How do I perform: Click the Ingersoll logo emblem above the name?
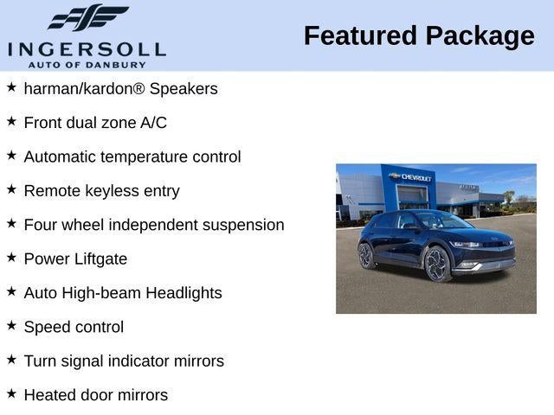pyautogui.click(x=87, y=17)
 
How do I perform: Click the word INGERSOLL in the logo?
pyautogui.click(x=87, y=47)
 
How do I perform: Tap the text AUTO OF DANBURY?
pyautogui.click(x=87, y=63)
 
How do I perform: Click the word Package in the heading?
pyautogui.click(x=480, y=36)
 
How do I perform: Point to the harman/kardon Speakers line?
pyautogui.click(x=120, y=89)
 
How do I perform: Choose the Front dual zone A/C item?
pyautogui.click(x=95, y=123)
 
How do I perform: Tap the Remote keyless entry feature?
pyautogui.click(x=101, y=191)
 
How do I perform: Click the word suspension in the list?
pyautogui.click(x=242, y=225)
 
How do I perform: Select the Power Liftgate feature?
pyautogui.click(x=75, y=259)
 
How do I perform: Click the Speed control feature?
pyautogui.click(x=74, y=327)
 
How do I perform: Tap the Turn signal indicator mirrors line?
pyautogui.click(x=124, y=361)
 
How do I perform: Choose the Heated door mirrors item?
pyautogui.click(x=95, y=395)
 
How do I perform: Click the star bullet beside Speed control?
pyautogui.click(x=11, y=325)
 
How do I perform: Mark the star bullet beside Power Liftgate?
pyautogui.click(x=11, y=257)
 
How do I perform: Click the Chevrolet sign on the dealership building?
pyautogui.click(x=412, y=176)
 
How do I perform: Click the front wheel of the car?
pyautogui.click(x=439, y=263)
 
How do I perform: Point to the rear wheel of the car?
pyautogui.click(x=367, y=255)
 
